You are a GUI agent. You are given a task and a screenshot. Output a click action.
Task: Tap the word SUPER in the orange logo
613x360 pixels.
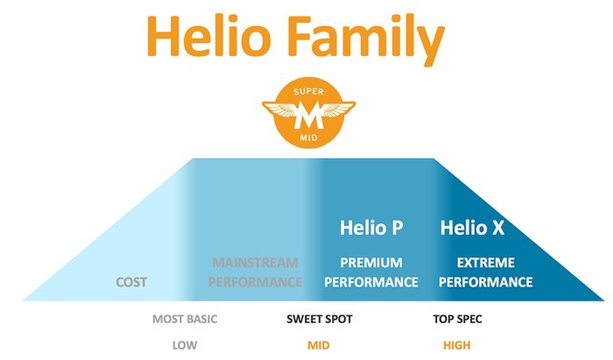(x=308, y=92)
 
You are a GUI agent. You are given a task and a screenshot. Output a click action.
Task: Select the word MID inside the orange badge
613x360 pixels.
(x=308, y=138)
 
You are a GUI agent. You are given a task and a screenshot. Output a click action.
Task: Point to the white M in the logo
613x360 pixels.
(x=309, y=115)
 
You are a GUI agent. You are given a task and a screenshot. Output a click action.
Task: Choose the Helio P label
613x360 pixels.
(x=371, y=228)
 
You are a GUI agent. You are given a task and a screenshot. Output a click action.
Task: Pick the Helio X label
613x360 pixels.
(x=472, y=228)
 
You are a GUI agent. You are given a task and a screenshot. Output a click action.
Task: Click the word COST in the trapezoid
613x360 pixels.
(x=131, y=282)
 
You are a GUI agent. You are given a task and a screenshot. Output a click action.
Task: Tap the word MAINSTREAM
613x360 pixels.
(x=255, y=262)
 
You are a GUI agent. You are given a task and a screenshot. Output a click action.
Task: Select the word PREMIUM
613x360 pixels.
(x=371, y=262)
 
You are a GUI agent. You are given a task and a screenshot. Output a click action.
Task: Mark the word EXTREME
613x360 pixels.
(x=485, y=262)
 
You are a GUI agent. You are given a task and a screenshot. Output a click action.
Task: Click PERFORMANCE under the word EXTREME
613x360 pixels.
(x=485, y=282)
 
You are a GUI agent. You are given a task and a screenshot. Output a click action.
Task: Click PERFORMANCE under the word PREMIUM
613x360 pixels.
(x=371, y=282)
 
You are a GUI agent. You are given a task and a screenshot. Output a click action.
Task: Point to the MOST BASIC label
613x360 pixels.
(x=185, y=319)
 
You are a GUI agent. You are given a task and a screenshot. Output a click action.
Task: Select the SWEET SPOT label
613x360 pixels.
(x=320, y=319)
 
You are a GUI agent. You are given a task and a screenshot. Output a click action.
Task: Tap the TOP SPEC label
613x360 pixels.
(x=457, y=319)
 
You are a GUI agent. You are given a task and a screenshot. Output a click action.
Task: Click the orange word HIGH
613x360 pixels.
(x=456, y=345)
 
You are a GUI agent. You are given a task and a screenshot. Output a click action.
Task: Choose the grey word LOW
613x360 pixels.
(x=185, y=345)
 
